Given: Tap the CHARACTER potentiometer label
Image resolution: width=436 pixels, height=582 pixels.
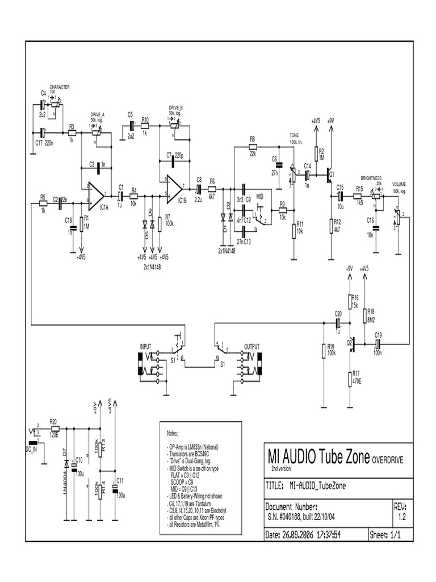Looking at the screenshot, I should pos(60,87).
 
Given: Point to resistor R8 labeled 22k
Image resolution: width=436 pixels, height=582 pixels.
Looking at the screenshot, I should pos(253,146).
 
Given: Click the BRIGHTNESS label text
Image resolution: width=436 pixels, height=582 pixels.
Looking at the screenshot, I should pos(371,178).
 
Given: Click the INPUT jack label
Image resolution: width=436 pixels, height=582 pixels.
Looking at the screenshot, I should pos(146,346).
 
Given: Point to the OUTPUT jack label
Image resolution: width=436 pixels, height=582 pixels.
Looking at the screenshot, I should pos(252,346).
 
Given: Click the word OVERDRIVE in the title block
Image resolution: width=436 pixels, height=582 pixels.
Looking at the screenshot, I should pos(388,459).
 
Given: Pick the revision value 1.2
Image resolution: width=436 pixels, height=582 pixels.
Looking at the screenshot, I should pos(401,517).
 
